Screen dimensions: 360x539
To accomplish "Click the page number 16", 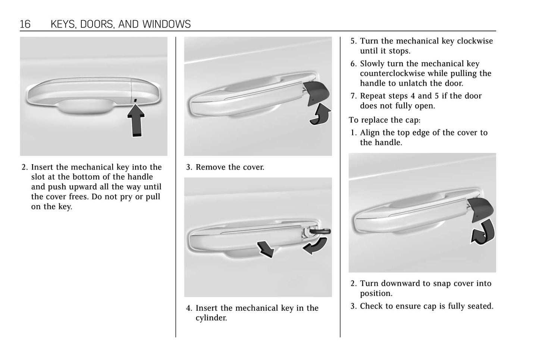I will (25, 25).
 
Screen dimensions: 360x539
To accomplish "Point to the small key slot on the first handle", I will (135, 100).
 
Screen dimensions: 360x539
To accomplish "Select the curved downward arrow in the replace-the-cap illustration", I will (483, 232).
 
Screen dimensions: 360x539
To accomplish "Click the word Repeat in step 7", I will (373, 96).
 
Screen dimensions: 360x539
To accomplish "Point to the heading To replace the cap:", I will (384, 120).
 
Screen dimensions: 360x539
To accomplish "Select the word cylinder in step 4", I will (211, 318).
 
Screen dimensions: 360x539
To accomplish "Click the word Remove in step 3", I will (210, 168).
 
